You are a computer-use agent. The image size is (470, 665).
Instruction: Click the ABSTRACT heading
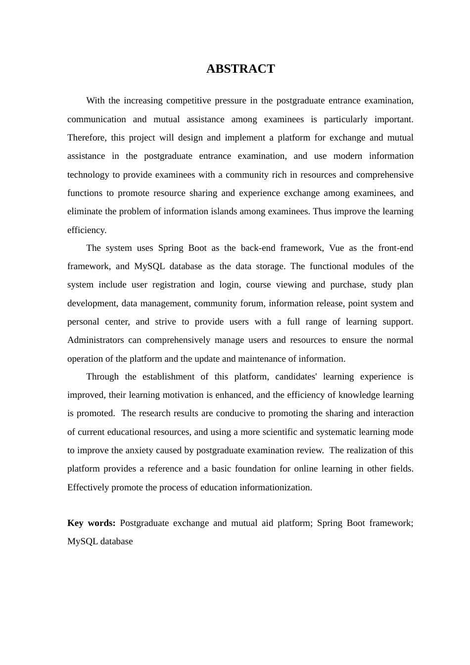240,69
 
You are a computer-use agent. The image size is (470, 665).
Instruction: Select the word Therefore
87,138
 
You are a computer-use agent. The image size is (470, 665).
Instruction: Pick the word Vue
336,248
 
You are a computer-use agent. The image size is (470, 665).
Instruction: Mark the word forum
252,303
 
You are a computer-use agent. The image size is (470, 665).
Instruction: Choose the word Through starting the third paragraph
102,377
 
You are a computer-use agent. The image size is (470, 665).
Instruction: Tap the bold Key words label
92,523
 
